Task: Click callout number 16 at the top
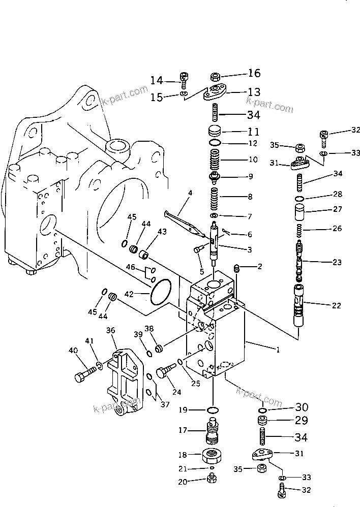point(254,74)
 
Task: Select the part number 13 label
point(254,92)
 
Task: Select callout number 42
point(129,294)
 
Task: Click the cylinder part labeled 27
point(299,211)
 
